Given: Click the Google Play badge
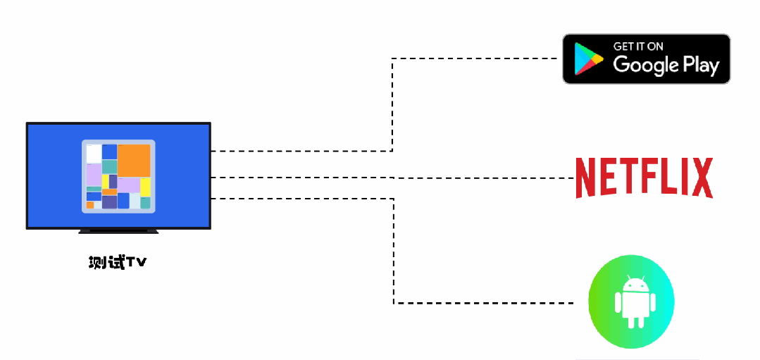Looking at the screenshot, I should [x=646, y=58].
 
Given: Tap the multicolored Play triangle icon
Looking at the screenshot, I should [x=587, y=59].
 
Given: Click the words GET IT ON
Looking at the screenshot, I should [x=638, y=46].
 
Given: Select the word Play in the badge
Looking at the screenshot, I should [x=701, y=66].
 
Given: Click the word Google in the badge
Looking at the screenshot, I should [x=645, y=66].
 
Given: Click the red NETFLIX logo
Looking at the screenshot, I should [x=644, y=178].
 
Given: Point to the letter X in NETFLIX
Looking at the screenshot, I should [x=702, y=178].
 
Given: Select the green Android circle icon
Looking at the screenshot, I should [x=632, y=302].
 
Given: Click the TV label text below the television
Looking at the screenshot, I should [x=118, y=263].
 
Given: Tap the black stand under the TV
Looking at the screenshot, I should [x=118, y=230].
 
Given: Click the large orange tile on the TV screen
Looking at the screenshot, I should [x=134, y=160].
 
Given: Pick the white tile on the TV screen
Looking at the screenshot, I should [x=94, y=153].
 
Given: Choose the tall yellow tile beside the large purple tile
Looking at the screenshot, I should [x=145, y=187].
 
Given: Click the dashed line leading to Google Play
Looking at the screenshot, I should [x=392, y=106].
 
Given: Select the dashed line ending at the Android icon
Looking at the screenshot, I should [x=394, y=254].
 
